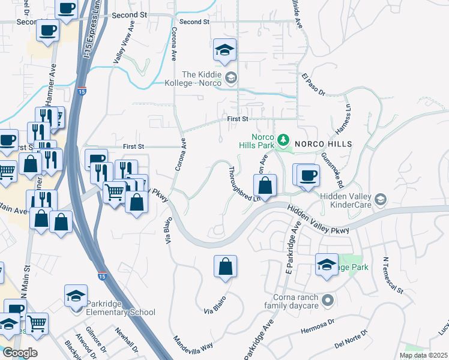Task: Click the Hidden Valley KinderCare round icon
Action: pos(379,199)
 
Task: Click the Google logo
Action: pos(20,352)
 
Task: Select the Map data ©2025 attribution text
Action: pos(423,355)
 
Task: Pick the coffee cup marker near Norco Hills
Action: pos(309,175)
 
